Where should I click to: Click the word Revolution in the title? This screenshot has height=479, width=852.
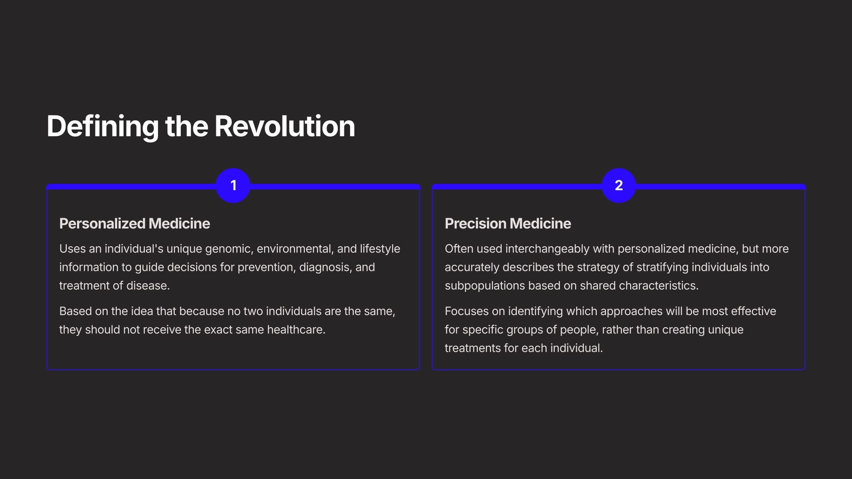pyautogui.click(x=285, y=126)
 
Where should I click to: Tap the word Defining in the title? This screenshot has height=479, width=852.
pyautogui.click(x=103, y=127)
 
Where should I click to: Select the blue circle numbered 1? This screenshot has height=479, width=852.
pyautogui.click(x=233, y=186)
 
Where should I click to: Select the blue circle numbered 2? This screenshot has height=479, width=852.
pyautogui.click(x=619, y=186)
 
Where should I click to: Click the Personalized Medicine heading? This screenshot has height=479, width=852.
pyautogui.click(x=135, y=224)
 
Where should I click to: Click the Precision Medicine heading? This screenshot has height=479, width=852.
pyautogui.click(x=508, y=224)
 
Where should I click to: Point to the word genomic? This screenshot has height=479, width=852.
pyautogui.click(x=229, y=249)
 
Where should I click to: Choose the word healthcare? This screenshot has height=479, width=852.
pyautogui.click(x=296, y=330)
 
